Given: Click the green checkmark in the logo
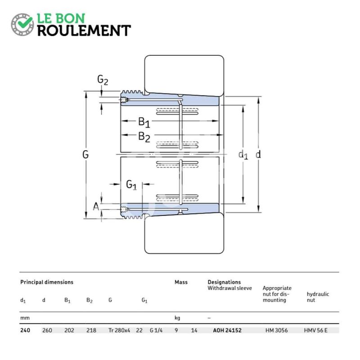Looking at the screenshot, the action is (x=25, y=22).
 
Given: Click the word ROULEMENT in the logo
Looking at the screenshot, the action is (x=84, y=31).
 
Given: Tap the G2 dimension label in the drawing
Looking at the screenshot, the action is (x=103, y=80).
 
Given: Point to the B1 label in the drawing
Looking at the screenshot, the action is (x=144, y=122).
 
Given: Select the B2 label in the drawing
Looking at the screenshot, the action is (x=144, y=137).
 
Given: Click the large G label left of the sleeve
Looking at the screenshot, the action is (x=85, y=154).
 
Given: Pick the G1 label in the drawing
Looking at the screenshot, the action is (x=131, y=184).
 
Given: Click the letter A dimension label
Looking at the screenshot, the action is (x=96, y=207).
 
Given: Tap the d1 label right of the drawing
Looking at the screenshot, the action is (x=243, y=155).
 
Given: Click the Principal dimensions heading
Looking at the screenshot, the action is (x=47, y=282).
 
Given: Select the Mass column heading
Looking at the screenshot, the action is (x=181, y=282).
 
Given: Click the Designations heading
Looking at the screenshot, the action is (x=224, y=282).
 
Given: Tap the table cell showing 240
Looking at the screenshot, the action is (x=25, y=330).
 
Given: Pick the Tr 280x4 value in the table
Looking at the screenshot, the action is (x=119, y=330).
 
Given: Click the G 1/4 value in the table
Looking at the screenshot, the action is (x=156, y=330).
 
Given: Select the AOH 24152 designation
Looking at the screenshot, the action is (x=227, y=330).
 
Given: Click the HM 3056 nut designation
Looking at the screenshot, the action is (x=277, y=330).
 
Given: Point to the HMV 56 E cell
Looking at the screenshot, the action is (x=316, y=330).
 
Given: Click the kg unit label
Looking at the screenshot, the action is (x=177, y=318).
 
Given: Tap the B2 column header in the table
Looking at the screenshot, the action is (x=90, y=300).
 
